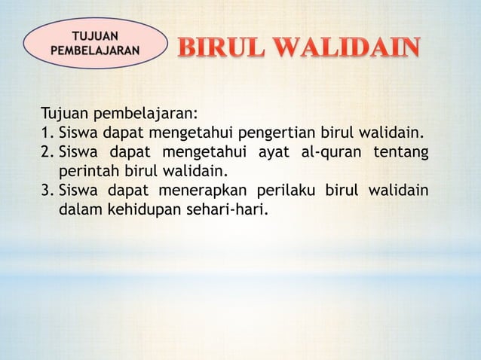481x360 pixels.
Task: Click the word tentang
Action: point(405,152)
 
